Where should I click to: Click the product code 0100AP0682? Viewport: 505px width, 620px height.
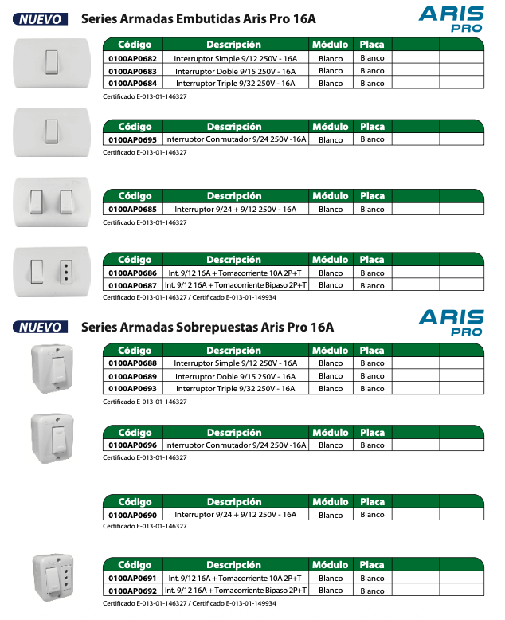pos(132,59)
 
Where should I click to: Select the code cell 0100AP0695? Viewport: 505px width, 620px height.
pos(132,139)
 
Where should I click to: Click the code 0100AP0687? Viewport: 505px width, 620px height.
pos(132,285)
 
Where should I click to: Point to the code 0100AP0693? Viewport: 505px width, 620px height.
pos(132,389)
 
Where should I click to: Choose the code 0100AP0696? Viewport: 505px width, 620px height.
pos(132,445)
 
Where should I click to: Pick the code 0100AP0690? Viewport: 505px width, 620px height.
pos(132,516)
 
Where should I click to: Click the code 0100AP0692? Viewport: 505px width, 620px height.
pos(132,591)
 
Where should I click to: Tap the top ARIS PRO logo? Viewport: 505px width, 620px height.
pos(452,18)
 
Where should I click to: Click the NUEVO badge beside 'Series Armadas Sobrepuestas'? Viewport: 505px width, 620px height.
pos(42,327)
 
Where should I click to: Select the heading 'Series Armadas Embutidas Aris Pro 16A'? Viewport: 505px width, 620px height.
pos(198,19)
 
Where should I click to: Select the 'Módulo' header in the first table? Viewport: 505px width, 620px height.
pos(330,45)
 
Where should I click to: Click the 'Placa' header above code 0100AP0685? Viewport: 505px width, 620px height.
pos(372,196)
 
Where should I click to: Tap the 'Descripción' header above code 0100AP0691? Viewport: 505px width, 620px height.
pos(233,566)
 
